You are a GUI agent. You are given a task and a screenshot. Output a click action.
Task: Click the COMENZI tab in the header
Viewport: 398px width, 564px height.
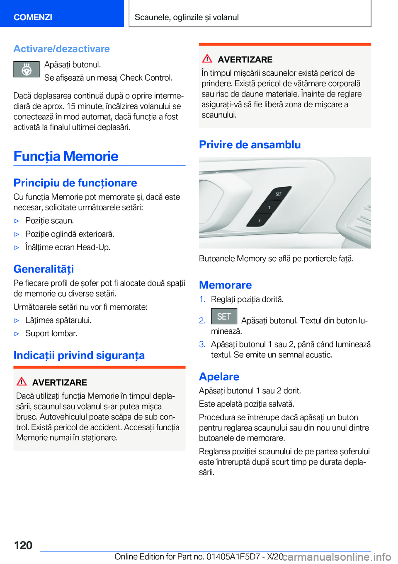33,17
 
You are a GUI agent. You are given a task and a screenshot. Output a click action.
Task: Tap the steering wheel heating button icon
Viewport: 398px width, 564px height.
27,69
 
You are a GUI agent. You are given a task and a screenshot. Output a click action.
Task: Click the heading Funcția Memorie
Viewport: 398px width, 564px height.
66,156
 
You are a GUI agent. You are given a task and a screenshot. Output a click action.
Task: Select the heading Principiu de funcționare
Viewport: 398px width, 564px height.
75,183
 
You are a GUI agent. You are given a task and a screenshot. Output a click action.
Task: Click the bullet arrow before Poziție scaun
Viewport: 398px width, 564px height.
17,221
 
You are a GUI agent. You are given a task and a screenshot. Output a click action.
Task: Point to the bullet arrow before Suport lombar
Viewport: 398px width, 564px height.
17,334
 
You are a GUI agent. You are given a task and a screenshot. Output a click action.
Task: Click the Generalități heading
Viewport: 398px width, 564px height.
44,269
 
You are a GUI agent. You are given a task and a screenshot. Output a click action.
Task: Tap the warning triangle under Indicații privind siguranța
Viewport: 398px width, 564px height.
22,381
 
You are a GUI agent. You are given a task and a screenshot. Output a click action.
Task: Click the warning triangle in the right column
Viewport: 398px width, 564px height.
207,59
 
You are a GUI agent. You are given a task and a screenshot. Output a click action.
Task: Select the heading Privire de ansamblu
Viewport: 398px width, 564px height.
250,145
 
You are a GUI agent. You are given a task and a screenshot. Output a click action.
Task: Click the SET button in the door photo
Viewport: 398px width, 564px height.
279,194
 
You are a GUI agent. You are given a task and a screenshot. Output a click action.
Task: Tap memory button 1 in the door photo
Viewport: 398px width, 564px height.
269,207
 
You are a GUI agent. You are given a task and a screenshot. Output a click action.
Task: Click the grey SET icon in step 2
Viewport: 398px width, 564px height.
224,317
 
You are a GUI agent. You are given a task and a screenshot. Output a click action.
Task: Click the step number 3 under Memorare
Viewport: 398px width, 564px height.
202,345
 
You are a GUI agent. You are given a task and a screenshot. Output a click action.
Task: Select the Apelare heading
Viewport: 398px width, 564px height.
219,376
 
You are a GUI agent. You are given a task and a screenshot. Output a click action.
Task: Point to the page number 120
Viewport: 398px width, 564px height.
23,545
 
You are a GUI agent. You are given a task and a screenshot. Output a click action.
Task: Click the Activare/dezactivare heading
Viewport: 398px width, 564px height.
61,49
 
